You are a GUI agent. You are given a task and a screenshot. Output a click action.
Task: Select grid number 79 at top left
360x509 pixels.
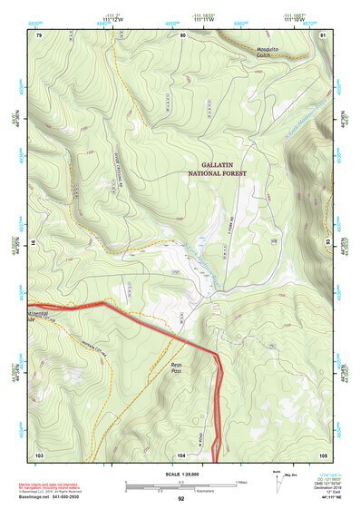[x=38, y=35]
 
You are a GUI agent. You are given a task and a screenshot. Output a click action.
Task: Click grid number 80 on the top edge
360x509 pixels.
[x=182, y=35]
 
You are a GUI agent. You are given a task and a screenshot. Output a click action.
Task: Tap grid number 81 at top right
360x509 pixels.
[x=324, y=35]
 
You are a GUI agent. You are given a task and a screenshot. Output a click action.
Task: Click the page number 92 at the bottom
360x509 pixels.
[x=180, y=499]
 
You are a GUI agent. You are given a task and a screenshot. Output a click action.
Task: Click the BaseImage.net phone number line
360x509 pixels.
[x=70, y=495]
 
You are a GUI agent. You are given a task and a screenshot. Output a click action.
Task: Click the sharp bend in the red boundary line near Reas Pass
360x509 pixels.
[x=218, y=352]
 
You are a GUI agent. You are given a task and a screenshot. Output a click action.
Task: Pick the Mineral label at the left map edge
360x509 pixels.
[x=40, y=311]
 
